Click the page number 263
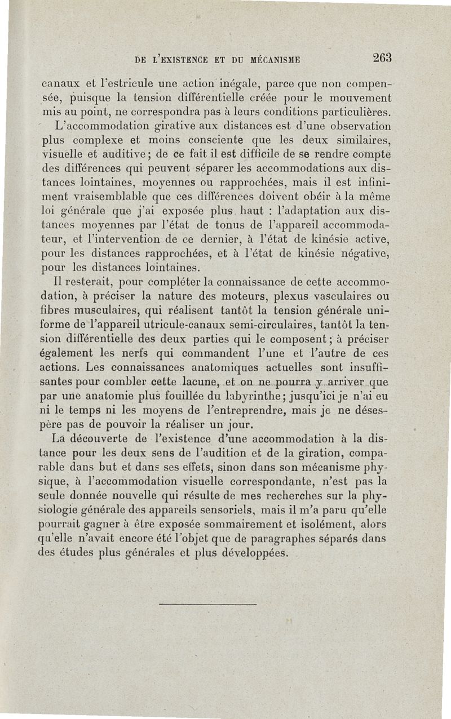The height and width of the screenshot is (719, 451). pos(382,57)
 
